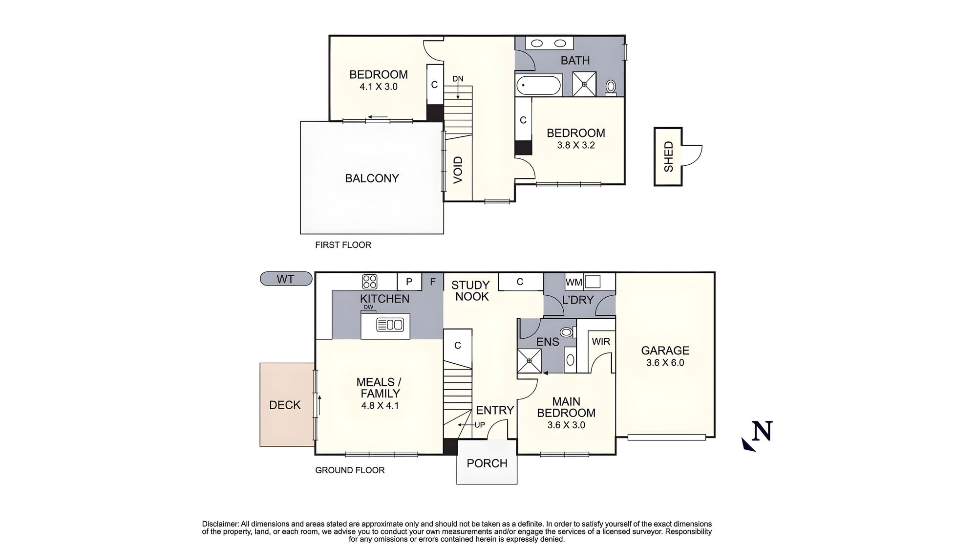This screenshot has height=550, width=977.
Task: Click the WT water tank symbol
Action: point(286,279)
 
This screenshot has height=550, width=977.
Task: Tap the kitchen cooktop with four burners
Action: point(370,282)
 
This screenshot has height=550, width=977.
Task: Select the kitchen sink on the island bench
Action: point(390,325)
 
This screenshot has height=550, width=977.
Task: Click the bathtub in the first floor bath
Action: point(539,86)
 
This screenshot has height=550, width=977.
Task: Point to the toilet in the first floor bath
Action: point(611,87)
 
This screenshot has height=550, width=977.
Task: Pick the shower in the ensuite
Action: point(530,361)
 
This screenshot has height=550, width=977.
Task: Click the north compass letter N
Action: point(763,431)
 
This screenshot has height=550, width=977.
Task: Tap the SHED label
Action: point(668,156)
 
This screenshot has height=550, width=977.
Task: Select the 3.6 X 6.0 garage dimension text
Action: point(665,363)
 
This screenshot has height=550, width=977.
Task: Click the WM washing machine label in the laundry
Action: point(573,282)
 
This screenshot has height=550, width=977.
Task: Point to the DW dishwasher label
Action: point(368,307)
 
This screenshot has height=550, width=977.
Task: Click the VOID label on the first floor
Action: point(458,170)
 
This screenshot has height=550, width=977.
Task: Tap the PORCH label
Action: point(487,463)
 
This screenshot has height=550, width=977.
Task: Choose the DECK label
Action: point(285,405)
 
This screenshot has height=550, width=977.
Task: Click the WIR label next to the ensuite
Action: point(601,342)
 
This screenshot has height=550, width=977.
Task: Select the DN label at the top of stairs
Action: point(458,79)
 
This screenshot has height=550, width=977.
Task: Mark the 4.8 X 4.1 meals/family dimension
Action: point(380,405)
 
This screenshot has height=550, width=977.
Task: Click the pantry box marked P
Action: point(409,282)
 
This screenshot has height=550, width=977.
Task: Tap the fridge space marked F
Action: point(432,282)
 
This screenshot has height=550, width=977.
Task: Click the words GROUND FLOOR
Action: point(350,470)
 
